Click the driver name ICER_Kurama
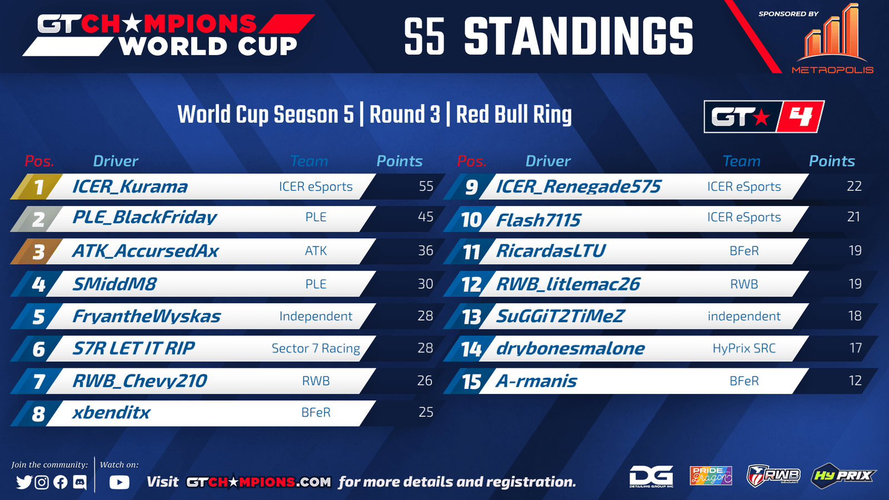pyautogui.click(x=130, y=187)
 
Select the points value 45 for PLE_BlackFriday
pyautogui.click(x=426, y=217)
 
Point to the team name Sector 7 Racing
pyautogui.click(x=316, y=348)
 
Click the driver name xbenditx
pyautogui.click(x=111, y=413)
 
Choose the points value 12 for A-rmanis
pyautogui.click(x=855, y=381)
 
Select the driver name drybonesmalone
pyautogui.click(x=570, y=348)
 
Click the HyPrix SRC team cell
pyautogui.click(x=744, y=348)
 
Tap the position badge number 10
pyautogui.click(x=471, y=220)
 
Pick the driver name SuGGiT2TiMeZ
pyautogui.click(x=560, y=316)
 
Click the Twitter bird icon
pyautogui.click(x=24, y=482)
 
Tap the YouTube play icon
pyautogui.click(x=119, y=482)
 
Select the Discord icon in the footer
pyautogui.click(x=80, y=482)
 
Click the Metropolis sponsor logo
pyautogui.click(x=833, y=39)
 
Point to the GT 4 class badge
pyautogui.click(x=764, y=117)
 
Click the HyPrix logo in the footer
pyautogui.click(x=843, y=476)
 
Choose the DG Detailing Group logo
pyautogui.click(x=651, y=476)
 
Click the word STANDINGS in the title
pyautogui.click(x=578, y=37)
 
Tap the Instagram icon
pyautogui.click(x=42, y=482)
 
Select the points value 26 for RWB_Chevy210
pyautogui.click(x=424, y=381)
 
